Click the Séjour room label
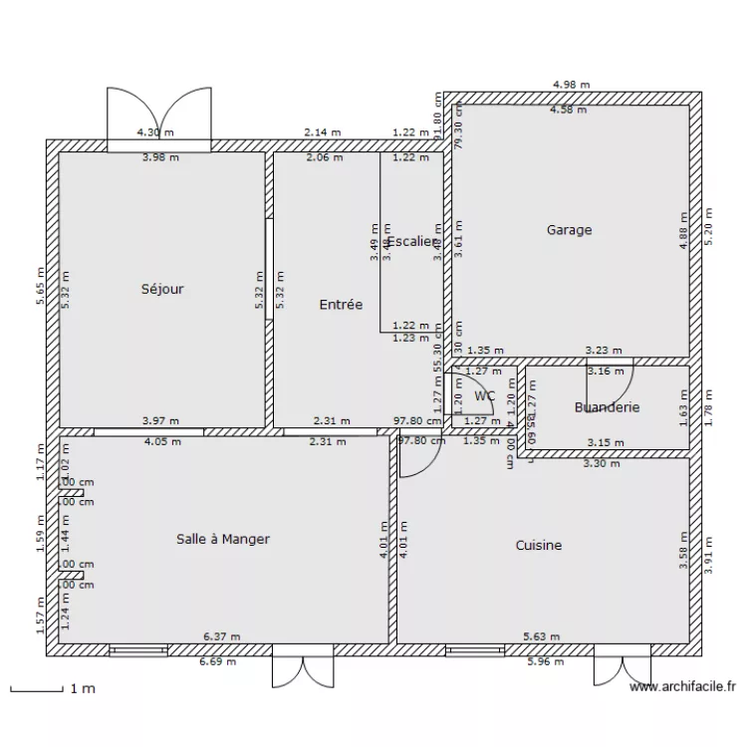(x=162, y=290)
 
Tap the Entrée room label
(x=341, y=305)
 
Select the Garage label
(x=569, y=230)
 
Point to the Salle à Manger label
(x=223, y=539)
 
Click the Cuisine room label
(x=538, y=545)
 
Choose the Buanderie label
(x=607, y=407)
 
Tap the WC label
(x=485, y=395)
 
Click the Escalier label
(x=411, y=242)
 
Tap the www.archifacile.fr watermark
(x=682, y=686)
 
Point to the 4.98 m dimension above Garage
(x=571, y=85)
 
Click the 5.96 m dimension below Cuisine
(x=543, y=661)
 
